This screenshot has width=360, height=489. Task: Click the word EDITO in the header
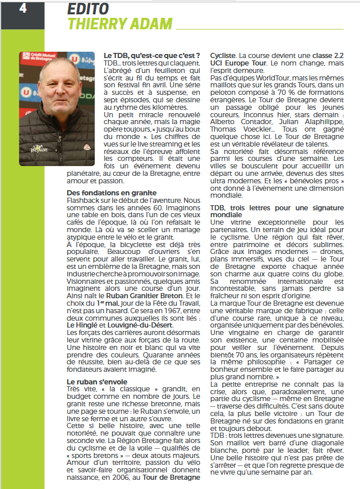point(88,8)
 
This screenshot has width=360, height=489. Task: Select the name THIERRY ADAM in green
point(120,24)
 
